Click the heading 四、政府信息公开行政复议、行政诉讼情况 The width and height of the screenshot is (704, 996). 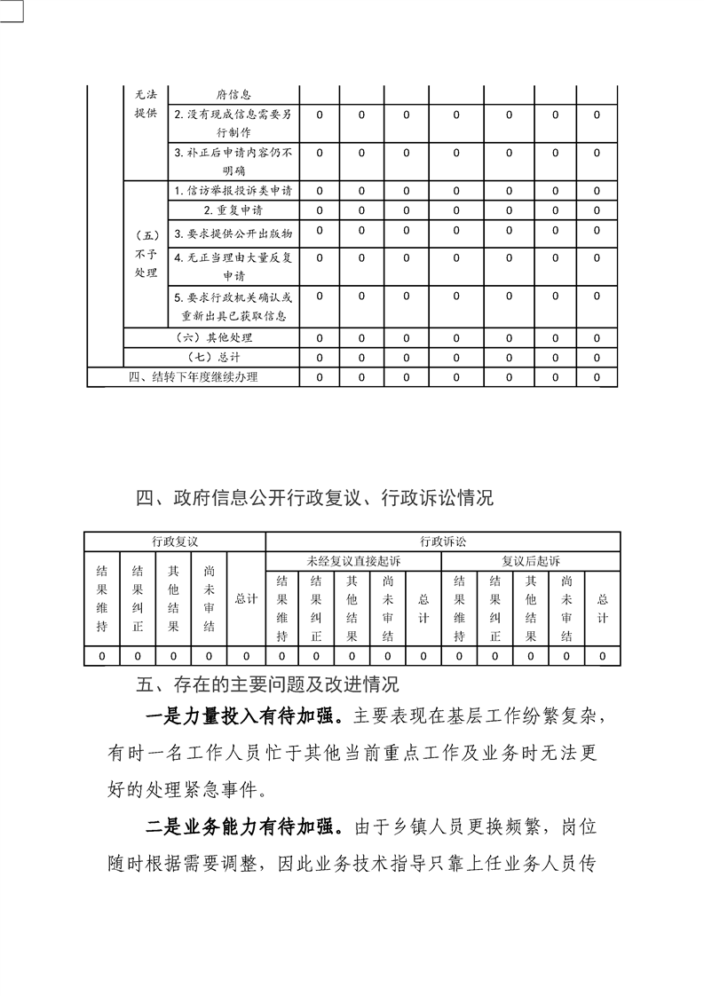(314, 498)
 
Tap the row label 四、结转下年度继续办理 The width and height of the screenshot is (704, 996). (199, 377)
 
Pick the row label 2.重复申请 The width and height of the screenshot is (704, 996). (233, 210)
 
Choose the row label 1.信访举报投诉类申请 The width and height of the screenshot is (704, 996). (233, 190)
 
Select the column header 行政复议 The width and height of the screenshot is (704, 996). (174, 541)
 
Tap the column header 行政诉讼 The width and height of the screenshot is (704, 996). (442, 541)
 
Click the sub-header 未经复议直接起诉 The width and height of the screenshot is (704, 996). (353, 561)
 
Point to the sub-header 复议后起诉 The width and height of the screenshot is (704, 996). (531, 561)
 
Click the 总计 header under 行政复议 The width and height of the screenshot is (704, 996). (246, 599)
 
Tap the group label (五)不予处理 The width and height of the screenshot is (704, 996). (146, 254)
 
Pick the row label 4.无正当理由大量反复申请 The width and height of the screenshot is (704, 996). (233, 266)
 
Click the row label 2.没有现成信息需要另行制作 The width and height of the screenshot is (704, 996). (233, 123)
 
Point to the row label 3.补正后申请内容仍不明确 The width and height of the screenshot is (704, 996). (233, 161)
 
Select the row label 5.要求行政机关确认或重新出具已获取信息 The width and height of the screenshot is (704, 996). (233, 306)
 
